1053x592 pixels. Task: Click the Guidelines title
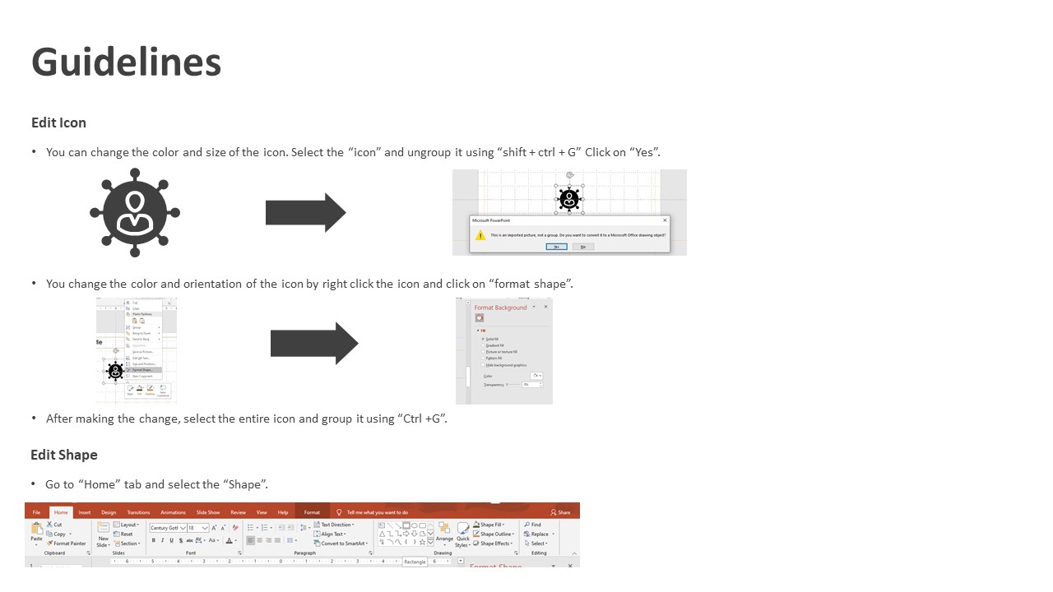point(126,62)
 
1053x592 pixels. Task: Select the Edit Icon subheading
point(58,123)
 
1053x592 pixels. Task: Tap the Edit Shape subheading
point(64,455)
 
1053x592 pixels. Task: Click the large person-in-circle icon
point(135,212)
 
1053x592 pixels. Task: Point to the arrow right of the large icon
point(305,212)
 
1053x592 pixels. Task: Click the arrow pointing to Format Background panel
point(313,343)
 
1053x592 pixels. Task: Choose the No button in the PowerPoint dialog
point(582,247)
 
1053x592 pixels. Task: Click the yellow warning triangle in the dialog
point(480,235)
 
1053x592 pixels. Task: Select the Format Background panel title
point(500,308)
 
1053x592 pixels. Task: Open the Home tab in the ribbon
point(61,512)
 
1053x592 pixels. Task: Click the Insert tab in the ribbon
point(85,512)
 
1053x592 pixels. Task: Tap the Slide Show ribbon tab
point(208,512)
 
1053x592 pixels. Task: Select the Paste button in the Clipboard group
point(36,532)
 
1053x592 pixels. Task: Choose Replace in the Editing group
point(539,534)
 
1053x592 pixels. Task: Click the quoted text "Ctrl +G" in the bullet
point(422,419)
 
